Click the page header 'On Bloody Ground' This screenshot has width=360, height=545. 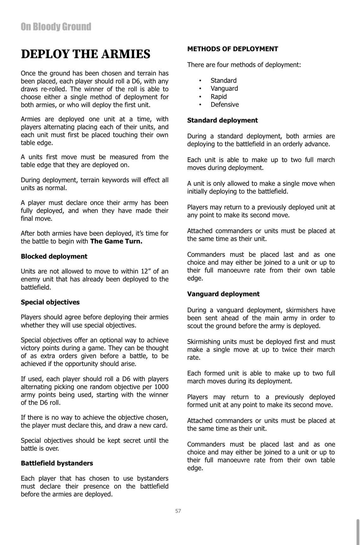(x=56, y=27)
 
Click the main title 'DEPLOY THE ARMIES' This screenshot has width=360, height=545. (x=86, y=54)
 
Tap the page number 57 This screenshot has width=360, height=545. (x=178, y=511)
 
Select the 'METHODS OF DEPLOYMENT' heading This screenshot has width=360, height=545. (x=232, y=49)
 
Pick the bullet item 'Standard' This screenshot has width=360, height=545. (x=223, y=81)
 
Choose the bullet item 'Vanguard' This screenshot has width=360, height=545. (x=224, y=88)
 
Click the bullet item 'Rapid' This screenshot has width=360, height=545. (x=219, y=97)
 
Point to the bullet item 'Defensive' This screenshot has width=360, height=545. (x=225, y=105)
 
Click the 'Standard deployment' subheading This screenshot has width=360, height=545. (x=222, y=120)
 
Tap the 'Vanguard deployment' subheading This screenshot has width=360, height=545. (x=223, y=294)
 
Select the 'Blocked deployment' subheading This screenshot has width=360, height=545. (x=54, y=256)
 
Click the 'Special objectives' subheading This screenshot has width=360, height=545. (x=50, y=302)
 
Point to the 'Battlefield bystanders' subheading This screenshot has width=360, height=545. (x=57, y=463)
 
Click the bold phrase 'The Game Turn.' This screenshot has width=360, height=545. (x=116, y=242)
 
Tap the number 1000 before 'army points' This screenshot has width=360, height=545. (x=161, y=387)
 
